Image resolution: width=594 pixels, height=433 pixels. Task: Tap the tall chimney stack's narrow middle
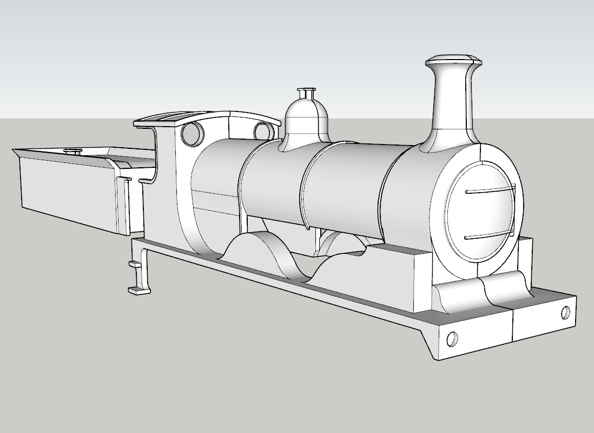[451, 97]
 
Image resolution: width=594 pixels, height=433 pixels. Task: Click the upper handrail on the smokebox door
[490, 190]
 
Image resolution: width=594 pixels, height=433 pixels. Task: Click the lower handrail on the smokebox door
[490, 235]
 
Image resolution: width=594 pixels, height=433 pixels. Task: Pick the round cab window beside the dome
[263, 131]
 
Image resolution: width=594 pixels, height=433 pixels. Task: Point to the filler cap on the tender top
[72, 151]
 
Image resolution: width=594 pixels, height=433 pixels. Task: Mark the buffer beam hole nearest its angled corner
[452, 338]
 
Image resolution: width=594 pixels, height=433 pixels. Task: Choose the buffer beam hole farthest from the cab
[565, 312]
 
